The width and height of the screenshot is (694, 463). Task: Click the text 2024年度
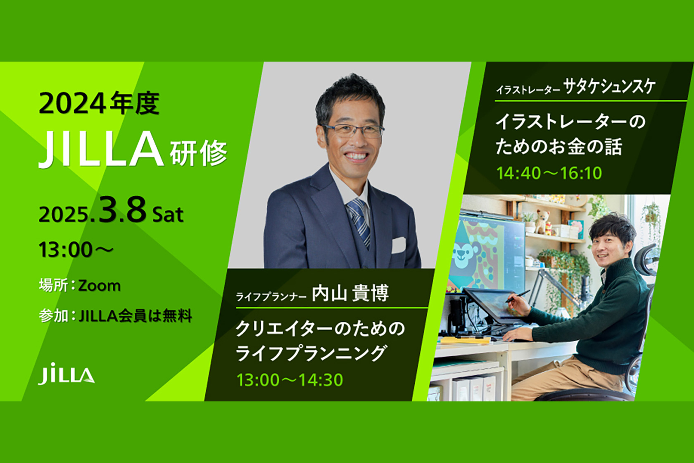pos(99,103)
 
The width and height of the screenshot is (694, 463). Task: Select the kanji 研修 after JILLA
pos(199,153)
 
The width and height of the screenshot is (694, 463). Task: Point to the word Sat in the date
pos(168,215)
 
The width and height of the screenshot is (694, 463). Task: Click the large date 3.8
pos(123,210)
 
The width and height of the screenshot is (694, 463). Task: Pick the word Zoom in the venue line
pos(100,286)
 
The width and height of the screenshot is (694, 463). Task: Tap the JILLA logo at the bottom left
pos(67,374)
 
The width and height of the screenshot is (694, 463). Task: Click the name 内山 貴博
pos(350,294)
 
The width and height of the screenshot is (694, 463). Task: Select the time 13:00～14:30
pos(290,380)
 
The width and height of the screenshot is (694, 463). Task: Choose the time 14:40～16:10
pos(549,173)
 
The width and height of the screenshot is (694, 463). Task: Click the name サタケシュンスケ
pos(609,87)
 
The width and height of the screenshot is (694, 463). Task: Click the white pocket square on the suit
pos(398,245)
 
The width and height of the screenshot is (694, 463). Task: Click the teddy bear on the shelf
pos(542,221)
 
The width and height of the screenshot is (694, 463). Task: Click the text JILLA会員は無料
pos(135,316)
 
